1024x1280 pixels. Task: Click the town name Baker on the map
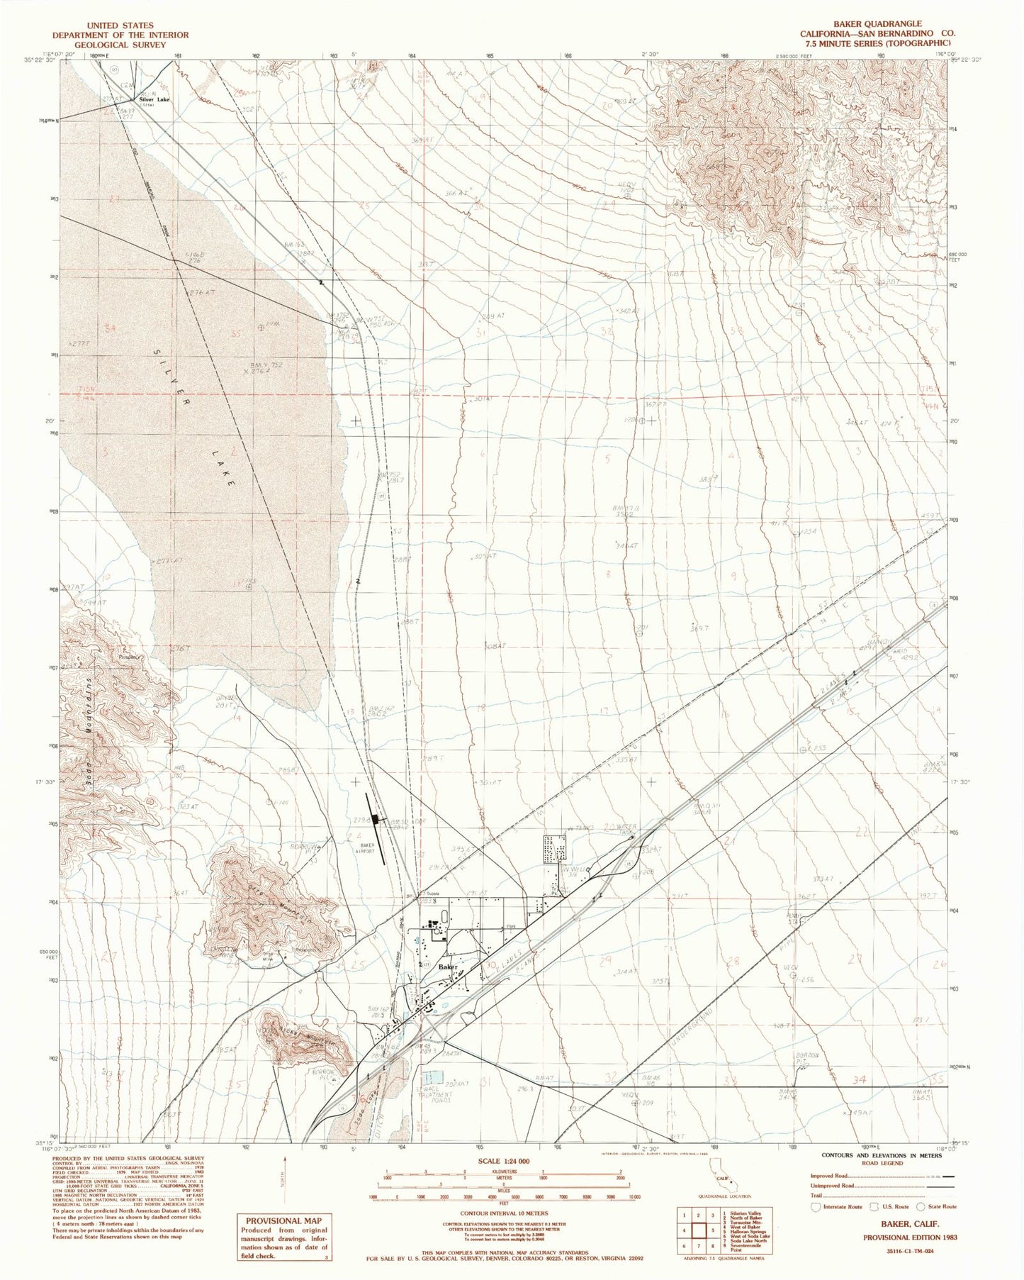[448, 967]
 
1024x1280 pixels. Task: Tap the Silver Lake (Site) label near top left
[155, 100]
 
